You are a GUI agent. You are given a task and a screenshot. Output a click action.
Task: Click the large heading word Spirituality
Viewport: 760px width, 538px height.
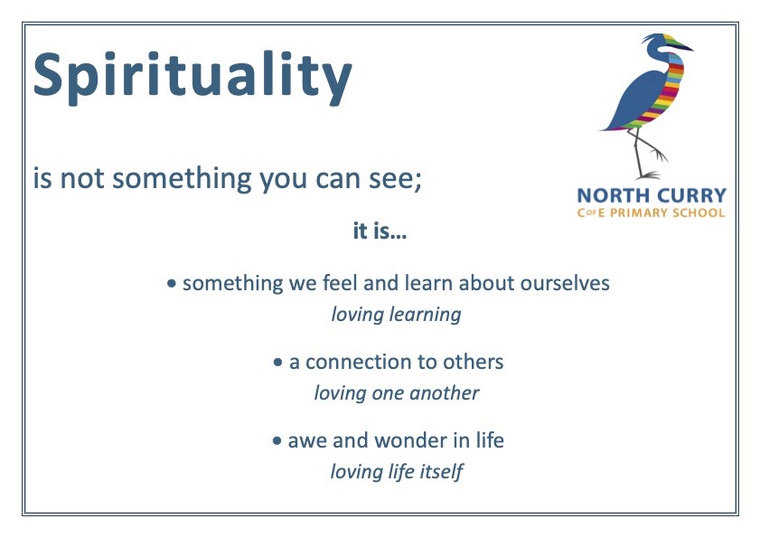(192, 77)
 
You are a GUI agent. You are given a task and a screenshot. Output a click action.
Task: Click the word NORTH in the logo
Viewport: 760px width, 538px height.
(606, 196)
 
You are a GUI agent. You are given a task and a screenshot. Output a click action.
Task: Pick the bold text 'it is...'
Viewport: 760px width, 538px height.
(380, 231)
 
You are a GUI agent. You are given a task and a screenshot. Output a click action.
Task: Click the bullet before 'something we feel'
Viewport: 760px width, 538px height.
(171, 283)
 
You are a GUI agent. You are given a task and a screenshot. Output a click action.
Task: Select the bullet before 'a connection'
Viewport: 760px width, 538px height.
(277, 362)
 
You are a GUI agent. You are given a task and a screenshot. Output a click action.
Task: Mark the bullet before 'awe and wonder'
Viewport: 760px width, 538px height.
(277, 441)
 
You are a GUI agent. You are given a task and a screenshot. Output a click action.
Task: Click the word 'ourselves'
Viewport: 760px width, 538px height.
(565, 283)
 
